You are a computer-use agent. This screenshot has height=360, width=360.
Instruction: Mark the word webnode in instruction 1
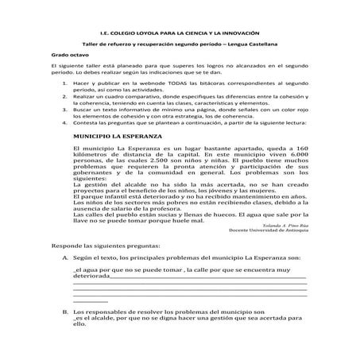click(164, 83)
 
